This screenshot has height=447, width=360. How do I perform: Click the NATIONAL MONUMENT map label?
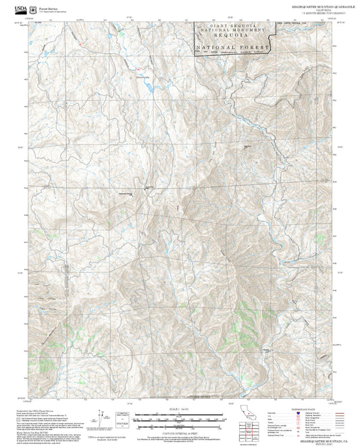(233, 32)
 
